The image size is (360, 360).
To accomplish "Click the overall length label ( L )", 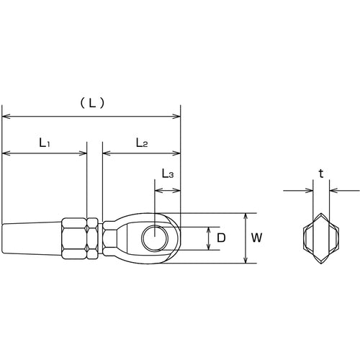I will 91,103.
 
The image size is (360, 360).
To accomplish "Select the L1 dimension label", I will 44,143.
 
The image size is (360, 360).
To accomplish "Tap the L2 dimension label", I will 141,143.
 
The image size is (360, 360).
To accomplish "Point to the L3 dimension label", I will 166,174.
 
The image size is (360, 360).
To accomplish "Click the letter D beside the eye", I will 222,237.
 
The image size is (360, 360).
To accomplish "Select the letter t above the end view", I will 321,174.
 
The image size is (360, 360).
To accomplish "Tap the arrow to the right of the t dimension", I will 334,192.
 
